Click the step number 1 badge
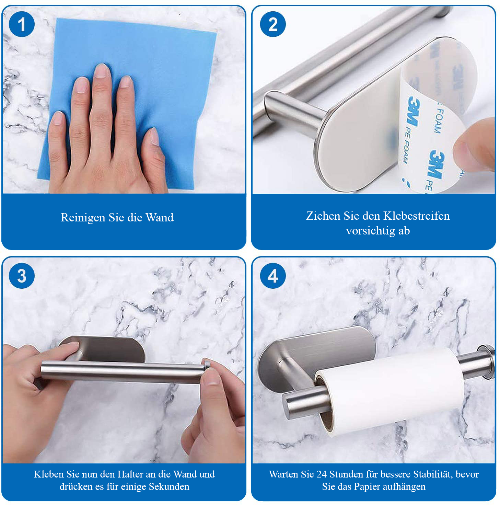[22, 24]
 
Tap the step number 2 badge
[273, 24]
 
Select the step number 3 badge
[22, 276]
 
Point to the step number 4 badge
[273, 276]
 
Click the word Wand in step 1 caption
[160, 217]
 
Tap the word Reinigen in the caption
[83, 218]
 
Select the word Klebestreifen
[417, 216]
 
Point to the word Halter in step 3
[130, 474]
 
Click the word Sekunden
[169, 486]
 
